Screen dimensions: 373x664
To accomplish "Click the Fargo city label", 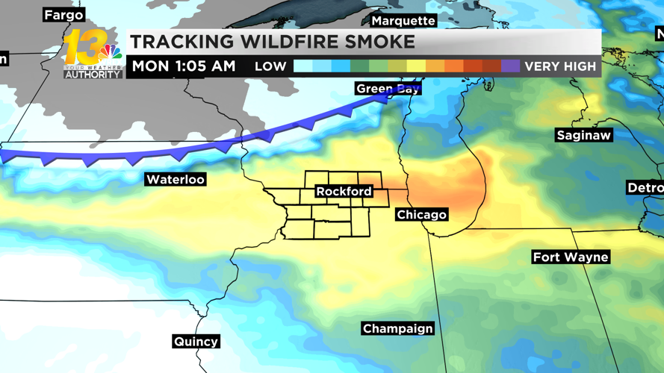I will coord(63,15).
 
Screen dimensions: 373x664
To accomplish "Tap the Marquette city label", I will coord(403,21).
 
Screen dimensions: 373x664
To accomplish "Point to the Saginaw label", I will coord(583,135).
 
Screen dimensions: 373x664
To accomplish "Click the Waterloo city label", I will coord(175,179).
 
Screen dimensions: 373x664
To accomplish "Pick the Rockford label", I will coord(344,192).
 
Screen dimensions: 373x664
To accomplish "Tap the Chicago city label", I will coord(421,215).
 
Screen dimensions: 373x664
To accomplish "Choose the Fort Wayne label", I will coord(571,257).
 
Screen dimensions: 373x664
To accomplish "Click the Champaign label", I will coord(397,328).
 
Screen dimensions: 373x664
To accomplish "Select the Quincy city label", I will coord(196,341).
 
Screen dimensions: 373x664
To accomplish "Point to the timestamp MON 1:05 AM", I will coord(184,66).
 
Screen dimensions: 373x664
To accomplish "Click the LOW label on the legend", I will coord(270,66).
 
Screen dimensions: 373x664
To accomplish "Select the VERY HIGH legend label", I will coord(560,66).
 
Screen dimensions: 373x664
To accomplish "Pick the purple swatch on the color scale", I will coord(510,66).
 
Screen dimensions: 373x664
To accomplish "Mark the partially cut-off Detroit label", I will coord(645,188).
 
